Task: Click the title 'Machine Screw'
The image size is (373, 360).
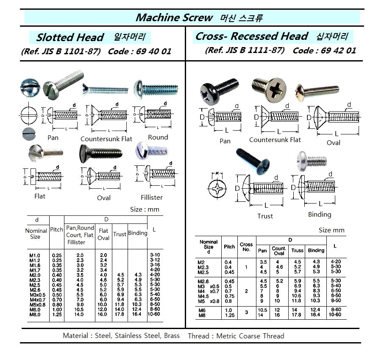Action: pyautogui.click(x=174, y=18)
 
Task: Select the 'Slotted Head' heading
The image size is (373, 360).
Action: pyautogui.click(x=70, y=37)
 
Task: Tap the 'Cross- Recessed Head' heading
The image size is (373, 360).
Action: pyautogui.click(x=251, y=36)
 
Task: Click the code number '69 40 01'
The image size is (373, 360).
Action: pyautogui.click(x=154, y=52)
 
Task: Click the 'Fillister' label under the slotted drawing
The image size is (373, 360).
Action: pyautogui.click(x=152, y=197)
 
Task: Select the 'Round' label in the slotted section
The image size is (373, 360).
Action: pyautogui.click(x=158, y=137)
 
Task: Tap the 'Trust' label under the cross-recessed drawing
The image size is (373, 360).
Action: pyautogui.click(x=265, y=216)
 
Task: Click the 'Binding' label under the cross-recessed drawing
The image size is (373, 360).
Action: pyautogui.click(x=320, y=214)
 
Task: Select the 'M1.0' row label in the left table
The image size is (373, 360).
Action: pyautogui.click(x=36, y=255)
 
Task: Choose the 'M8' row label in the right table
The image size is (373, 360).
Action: pyautogui.click(x=201, y=315)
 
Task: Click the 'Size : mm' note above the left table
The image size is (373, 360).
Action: pyautogui.click(x=145, y=209)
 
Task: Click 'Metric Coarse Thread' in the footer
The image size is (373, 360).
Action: pyautogui.click(x=250, y=336)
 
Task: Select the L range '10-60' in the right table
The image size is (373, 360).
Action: pyautogui.click(x=335, y=315)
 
